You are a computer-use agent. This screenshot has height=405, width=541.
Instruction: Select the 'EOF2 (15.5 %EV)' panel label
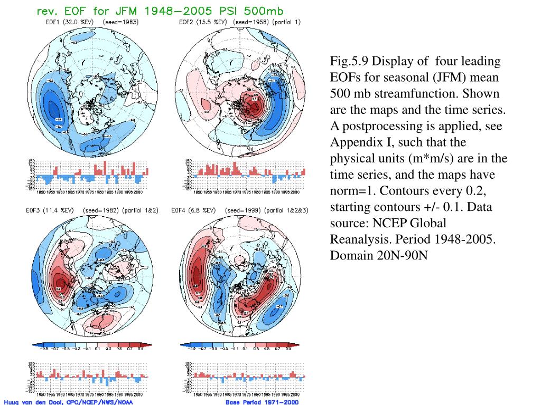pos(203,22)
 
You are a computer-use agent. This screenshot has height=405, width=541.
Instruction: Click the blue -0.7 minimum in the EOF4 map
pos(278,307)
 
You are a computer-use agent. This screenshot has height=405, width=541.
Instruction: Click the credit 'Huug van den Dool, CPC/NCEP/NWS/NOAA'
pos(68,401)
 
